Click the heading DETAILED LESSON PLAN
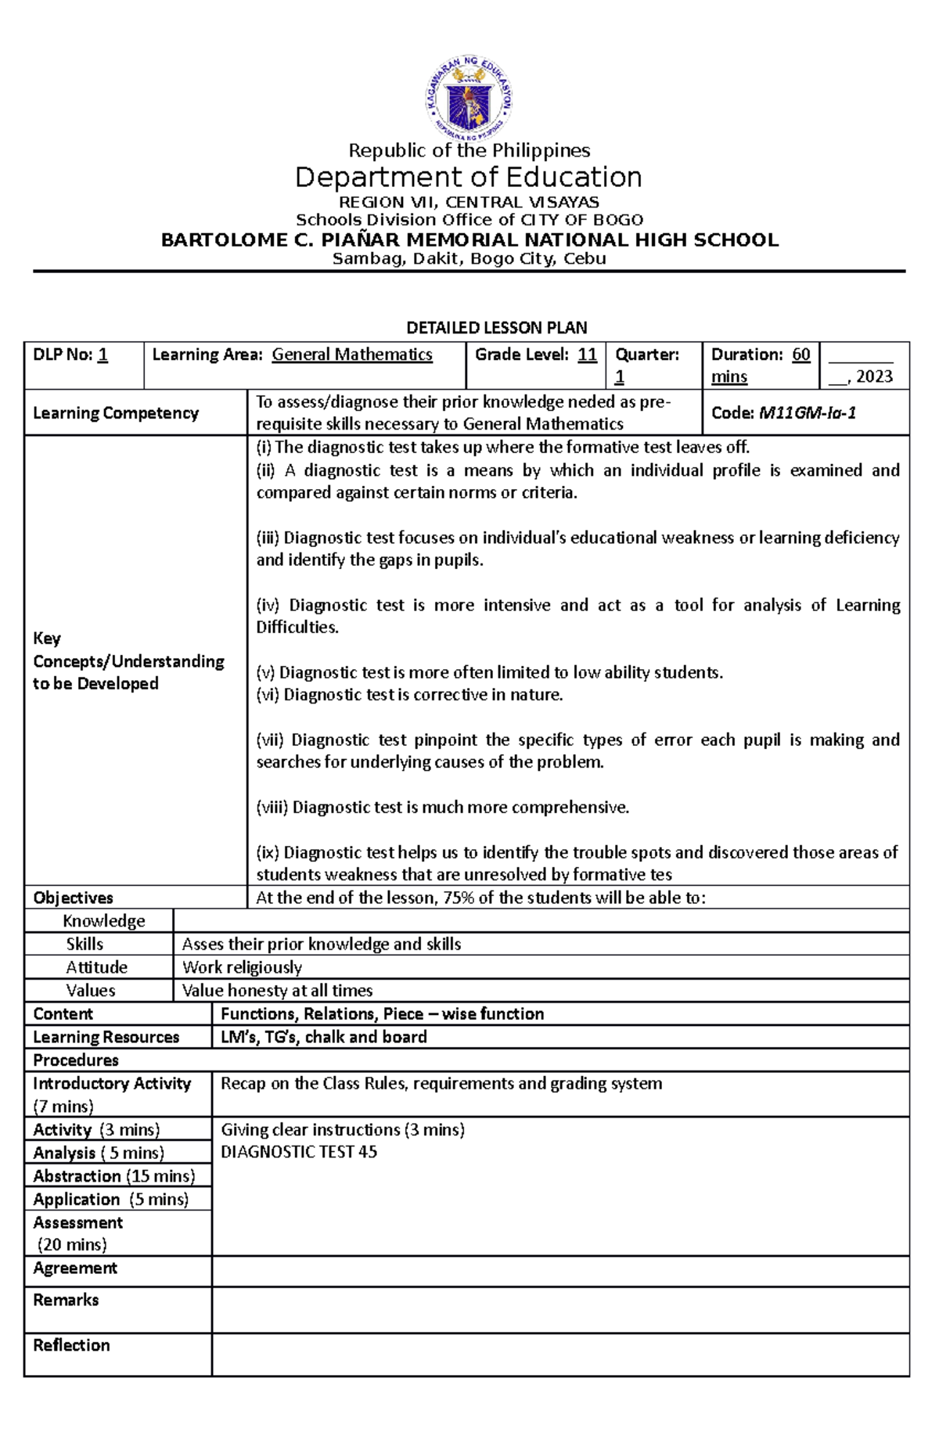pyautogui.click(x=496, y=327)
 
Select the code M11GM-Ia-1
pyautogui.click(x=807, y=413)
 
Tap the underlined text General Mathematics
pyautogui.click(x=352, y=355)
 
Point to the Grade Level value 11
pyautogui.click(x=587, y=355)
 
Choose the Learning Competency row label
pyautogui.click(x=116, y=413)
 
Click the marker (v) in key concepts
pyautogui.click(x=266, y=672)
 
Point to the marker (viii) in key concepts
pyautogui.click(x=272, y=807)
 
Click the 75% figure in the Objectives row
pyautogui.click(x=459, y=898)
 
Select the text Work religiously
pyautogui.click(x=242, y=967)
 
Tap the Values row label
pyautogui.click(x=91, y=990)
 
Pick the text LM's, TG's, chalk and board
pyautogui.click(x=324, y=1037)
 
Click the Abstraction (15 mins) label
pyautogui.click(x=114, y=1176)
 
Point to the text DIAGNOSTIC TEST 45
pyautogui.click(x=299, y=1152)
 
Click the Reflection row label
pyautogui.click(x=71, y=1345)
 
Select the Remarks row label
pyautogui.click(x=66, y=1300)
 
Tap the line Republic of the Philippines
pyautogui.click(x=469, y=150)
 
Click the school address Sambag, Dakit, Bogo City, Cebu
pyautogui.click(x=469, y=259)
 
